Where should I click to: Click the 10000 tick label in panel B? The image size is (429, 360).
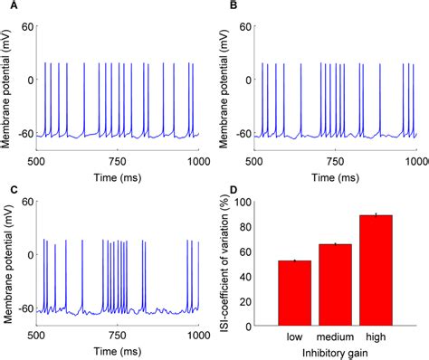416,149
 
